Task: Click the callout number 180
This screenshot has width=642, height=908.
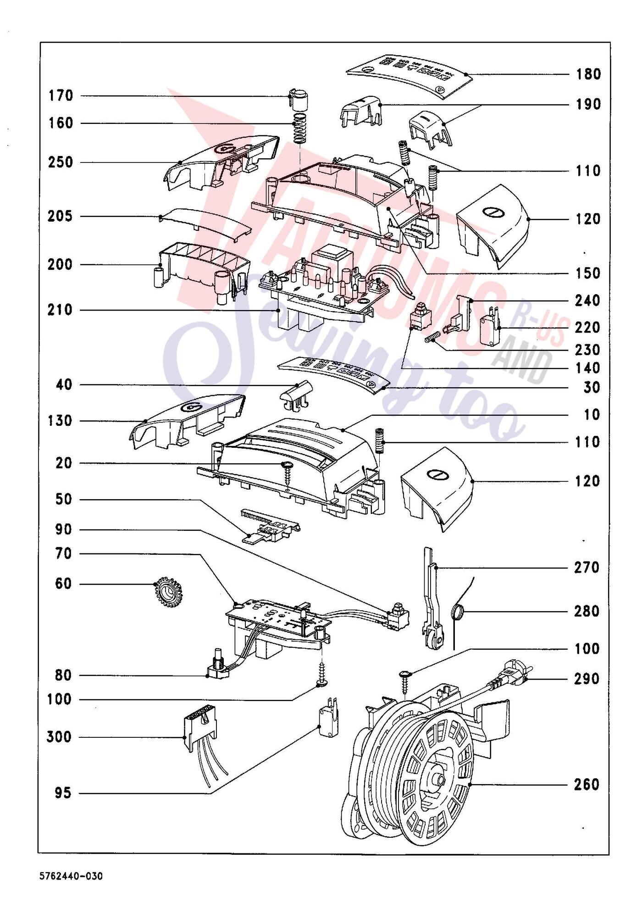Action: click(x=588, y=74)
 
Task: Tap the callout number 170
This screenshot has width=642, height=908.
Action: click(x=61, y=96)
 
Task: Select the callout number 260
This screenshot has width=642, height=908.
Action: click(x=587, y=785)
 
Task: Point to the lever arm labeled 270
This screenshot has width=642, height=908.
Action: click(x=432, y=599)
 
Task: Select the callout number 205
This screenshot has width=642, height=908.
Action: click(x=60, y=217)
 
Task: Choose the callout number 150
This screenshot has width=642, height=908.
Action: click(x=588, y=274)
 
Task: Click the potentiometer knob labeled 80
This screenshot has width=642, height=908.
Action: click(x=218, y=663)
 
